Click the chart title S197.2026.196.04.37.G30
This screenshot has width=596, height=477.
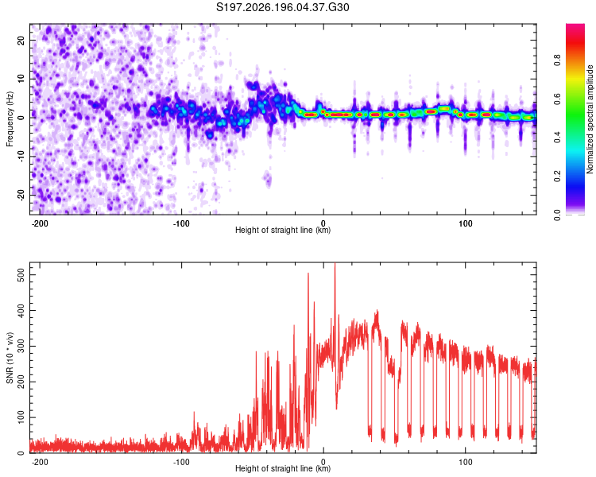pyautogui.click(x=282, y=7)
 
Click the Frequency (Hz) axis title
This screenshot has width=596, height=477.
pyautogui.click(x=10, y=119)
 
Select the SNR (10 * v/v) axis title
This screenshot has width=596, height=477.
pyautogui.click(x=10, y=358)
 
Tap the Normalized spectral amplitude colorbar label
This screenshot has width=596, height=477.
pyautogui.click(x=590, y=119)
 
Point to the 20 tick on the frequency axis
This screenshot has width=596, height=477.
pyautogui.click(x=21, y=40)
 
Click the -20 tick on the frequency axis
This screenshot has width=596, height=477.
pyautogui.click(x=21, y=195)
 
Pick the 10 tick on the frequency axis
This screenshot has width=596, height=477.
pyautogui.click(x=21, y=79)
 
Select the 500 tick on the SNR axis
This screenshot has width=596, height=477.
pyautogui.click(x=21, y=274)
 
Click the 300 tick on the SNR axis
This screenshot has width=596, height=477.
pyautogui.click(x=21, y=346)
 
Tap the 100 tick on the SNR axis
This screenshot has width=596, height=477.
pyautogui.click(x=21, y=417)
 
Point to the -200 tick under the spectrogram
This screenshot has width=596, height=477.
pyautogui.click(x=40, y=223)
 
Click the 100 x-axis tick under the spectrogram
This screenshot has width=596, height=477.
pyautogui.click(x=465, y=223)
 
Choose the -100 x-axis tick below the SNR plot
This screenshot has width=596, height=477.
pyautogui.click(x=181, y=462)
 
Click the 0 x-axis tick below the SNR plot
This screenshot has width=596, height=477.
pyautogui.click(x=323, y=462)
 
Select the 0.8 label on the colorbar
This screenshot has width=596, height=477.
pyautogui.click(x=557, y=60)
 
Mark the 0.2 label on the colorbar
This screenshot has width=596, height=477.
pyautogui.click(x=557, y=176)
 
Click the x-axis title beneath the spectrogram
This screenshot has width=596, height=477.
pyautogui.click(x=283, y=230)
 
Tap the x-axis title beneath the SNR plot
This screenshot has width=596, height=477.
pyautogui.click(x=283, y=468)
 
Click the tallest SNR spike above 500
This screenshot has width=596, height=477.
pyautogui.click(x=335, y=264)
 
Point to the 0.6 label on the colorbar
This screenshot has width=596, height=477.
pyautogui.click(x=557, y=99)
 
